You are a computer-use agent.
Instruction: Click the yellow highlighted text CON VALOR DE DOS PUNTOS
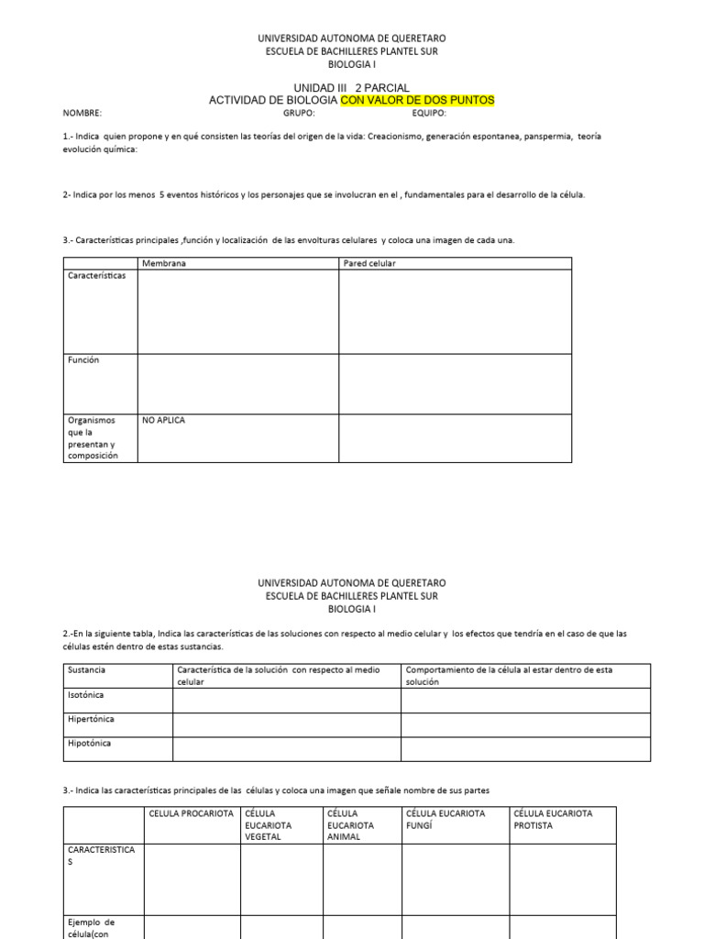(417, 100)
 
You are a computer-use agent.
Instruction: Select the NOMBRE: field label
(82, 114)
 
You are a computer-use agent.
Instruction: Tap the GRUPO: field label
(299, 114)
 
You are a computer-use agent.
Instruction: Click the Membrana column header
(164, 263)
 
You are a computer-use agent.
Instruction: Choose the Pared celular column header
(369, 263)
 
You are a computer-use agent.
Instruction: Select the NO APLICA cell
(163, 420)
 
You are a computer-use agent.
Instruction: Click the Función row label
(83, 360)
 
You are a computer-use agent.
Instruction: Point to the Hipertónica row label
(91, 719)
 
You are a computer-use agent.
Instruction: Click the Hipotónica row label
(90, 744)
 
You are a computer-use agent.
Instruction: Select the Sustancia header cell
(87, 670)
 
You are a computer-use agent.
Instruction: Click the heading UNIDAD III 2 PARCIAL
(351, 87)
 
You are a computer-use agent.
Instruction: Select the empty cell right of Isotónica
(286, 700)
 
